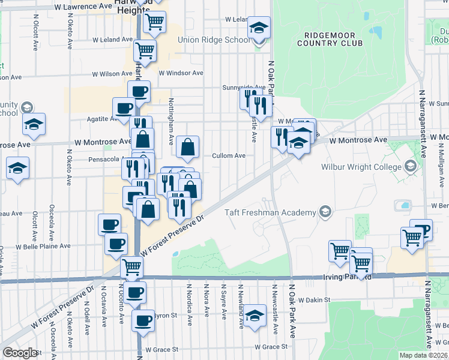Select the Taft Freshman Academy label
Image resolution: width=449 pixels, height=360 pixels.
(270, 212)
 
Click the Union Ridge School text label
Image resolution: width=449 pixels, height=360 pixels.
(213, 40)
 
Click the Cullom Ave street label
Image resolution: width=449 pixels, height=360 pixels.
(229, 155)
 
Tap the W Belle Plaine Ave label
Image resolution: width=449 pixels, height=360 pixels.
(43, 246)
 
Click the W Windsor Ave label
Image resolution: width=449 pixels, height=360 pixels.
(181, 73)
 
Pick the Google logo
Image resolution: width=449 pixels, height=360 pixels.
(20, 352)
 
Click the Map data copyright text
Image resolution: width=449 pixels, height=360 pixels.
(424, 355)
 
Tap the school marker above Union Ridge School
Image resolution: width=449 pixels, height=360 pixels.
(259, 28)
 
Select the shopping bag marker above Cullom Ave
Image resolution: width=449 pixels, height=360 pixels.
(188, 146)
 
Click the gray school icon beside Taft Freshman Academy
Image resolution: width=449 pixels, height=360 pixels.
(325, 211)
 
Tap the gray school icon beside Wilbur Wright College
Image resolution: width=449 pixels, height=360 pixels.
(411, 166)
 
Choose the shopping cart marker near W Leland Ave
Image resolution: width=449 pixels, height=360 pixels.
(145, 50)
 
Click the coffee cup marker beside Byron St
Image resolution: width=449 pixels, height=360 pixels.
(143, 321)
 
